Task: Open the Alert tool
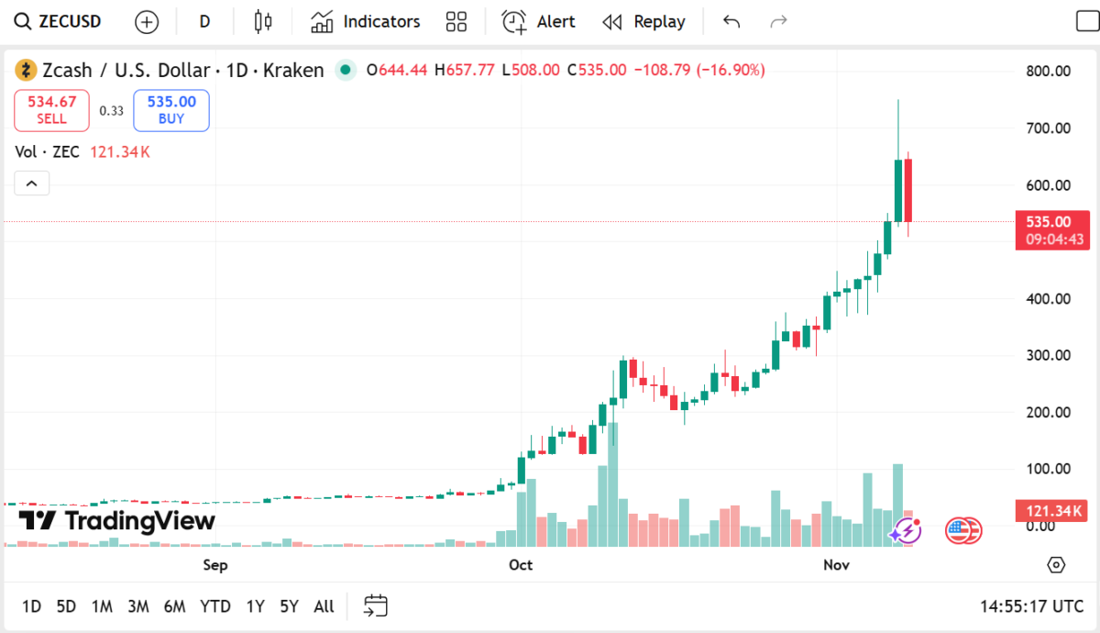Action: click(x=539, y=21)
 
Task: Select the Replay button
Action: click(x=644, y=21)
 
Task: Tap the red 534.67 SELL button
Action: click(x=51, y=110)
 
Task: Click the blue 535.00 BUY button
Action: click(x=171, y=110)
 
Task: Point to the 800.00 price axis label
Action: click(x=1047, y=72)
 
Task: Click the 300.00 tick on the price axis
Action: click(x=1047, y=355)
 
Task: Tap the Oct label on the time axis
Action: click(x=521, y=565)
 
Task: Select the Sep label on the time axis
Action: click(x=215, y=565)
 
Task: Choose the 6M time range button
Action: click(x=174, y=605)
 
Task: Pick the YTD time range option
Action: click(x=215, y=605)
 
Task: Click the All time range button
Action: click(x=324, y=605)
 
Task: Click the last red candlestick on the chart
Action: click(x=908, y=191)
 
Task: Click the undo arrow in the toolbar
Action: click(x=731, y=21)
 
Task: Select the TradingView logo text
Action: click(x=117, y=521)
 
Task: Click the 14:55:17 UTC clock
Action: click(x=1032, y=605)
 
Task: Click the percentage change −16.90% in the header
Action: click(x=731, y=70)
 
